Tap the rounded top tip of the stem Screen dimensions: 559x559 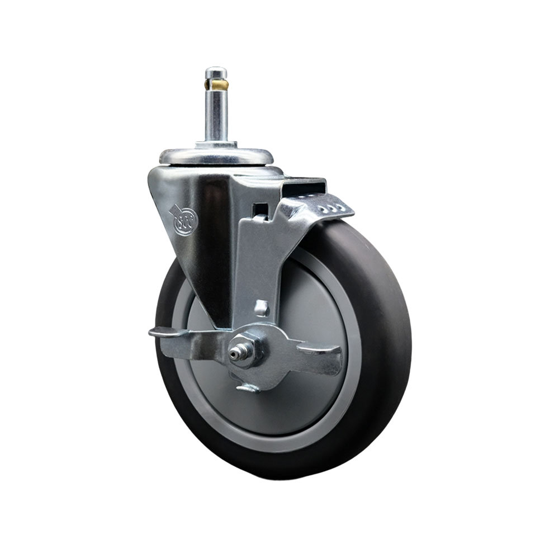click(x=216, y=71)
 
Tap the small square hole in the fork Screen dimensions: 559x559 click(x=259, y=211)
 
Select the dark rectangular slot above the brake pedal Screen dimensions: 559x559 click(x=305, y=185)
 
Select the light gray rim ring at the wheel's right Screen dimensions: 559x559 click(x=358, y=347)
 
